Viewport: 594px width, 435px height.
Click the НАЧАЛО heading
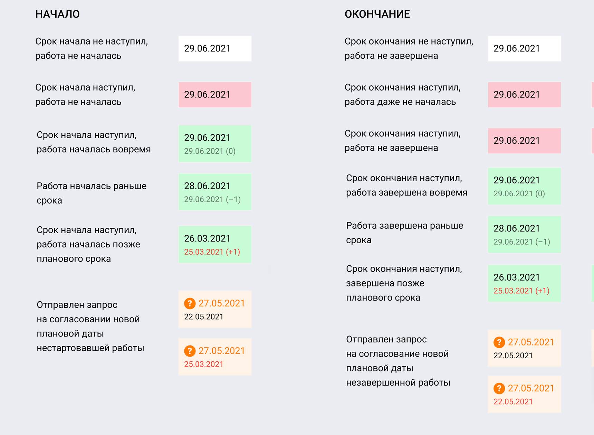[x=57, y=14]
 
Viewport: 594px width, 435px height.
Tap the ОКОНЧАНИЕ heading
[x=377, y=14]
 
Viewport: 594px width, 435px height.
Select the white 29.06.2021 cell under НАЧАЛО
[x=215, y=49]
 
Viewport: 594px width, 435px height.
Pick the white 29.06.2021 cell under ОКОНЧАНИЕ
[x=524, y=49]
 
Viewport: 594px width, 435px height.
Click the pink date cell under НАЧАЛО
[x=215, y=95]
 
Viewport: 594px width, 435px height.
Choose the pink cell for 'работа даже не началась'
[x=524, y=95]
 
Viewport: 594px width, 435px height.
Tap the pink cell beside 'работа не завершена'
[x=524, y=141]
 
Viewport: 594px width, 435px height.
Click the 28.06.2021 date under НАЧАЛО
[x=207, y=186]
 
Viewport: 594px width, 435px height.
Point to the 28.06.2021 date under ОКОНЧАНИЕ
[x=516, y=228]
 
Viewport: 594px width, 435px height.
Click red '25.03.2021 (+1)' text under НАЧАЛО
[x=212, y=252]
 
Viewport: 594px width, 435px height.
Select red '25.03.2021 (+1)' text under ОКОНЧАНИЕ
[x=521, y=291]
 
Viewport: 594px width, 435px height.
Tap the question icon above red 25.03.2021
[x=190, y=351]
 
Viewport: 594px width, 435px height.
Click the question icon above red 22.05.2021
[x=499, y=388]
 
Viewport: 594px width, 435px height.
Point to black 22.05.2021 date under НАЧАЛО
[x=203, y=317]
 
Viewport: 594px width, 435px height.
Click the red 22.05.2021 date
[x=513, y=401]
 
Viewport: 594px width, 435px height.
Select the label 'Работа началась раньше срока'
[x=92, y=193]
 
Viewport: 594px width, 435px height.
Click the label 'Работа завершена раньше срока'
[x=404, y=233]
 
